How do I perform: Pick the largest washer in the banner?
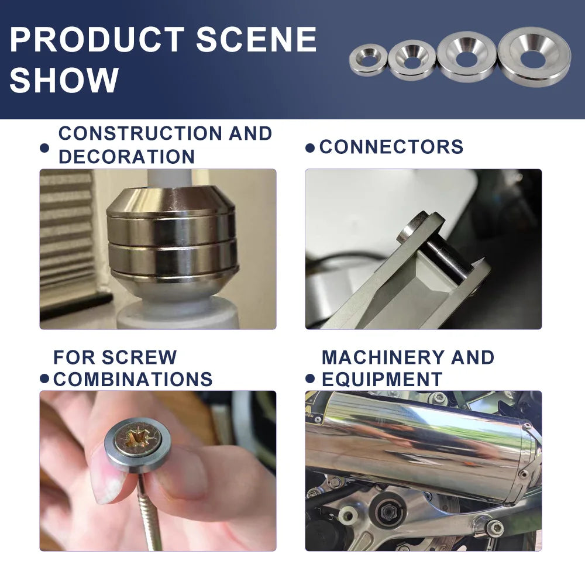534,56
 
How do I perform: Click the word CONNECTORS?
391,147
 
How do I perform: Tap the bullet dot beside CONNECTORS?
309,148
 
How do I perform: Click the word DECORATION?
127,156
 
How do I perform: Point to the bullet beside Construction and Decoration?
44,148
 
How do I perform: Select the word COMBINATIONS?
133,380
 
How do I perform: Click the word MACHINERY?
383,357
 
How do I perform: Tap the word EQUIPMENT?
382,380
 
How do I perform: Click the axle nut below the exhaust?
387,511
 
